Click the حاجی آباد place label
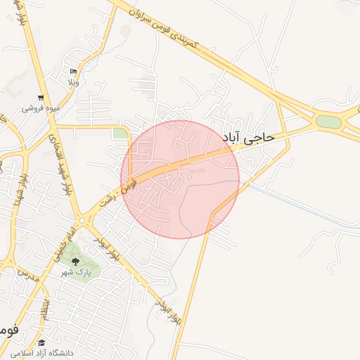(256, 138)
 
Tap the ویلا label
(73, 82)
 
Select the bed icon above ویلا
(73, 72)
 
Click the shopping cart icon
(41, 98)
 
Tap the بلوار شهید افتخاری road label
(59, 161)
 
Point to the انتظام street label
(45, 307)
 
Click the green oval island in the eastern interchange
(328, 122)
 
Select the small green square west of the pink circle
(120, 134)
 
